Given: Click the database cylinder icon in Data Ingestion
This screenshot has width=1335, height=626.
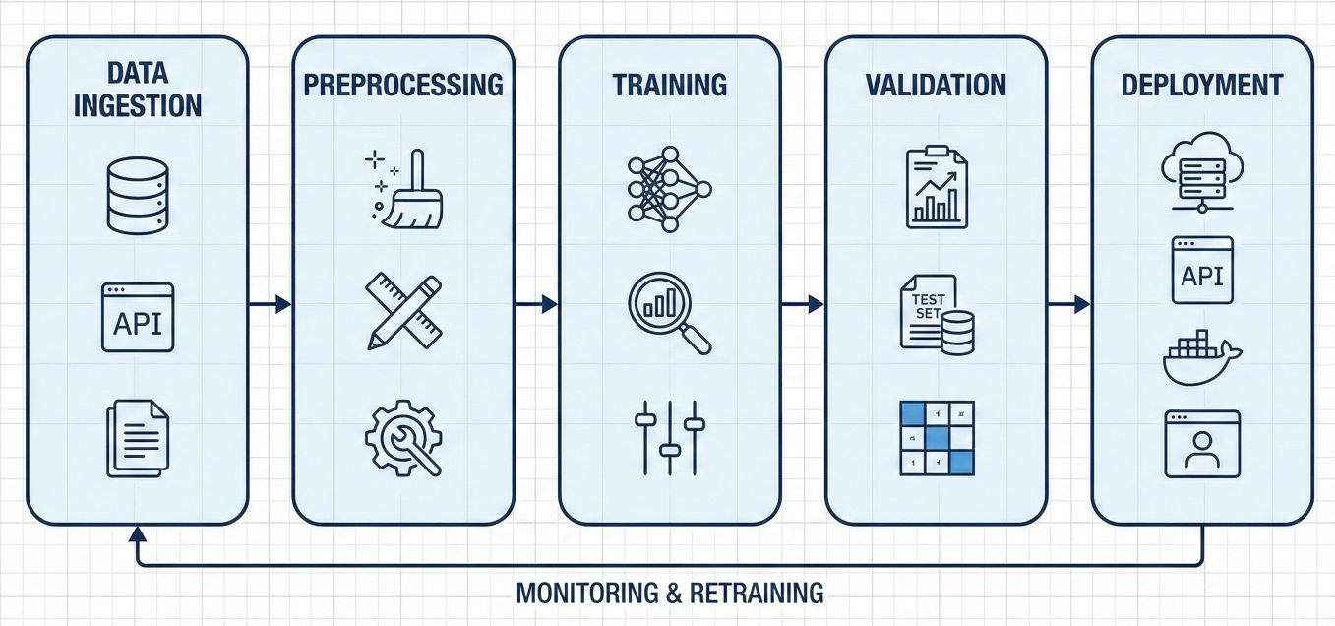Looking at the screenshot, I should click(138, 197).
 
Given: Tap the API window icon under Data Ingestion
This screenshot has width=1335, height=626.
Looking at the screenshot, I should click(138, 318).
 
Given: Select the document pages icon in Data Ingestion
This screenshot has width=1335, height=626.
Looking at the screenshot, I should click(138, 437).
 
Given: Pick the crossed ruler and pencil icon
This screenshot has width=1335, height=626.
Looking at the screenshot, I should click(403, 312).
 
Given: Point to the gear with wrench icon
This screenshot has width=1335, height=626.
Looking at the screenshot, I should click(403, 437).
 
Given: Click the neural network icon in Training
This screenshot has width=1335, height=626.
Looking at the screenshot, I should click(669, 189).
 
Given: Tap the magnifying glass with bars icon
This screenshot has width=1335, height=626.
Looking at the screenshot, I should click(670, 312).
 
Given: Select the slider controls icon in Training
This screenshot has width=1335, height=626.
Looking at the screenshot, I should click(670, 437).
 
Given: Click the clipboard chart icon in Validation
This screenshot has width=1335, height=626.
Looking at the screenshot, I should click(936, 187).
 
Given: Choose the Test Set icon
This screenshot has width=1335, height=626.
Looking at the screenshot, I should click(936, 314).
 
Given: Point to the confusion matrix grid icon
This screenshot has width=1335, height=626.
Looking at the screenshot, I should click(937, 438).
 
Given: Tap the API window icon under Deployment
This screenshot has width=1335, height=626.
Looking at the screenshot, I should click(1202, 270).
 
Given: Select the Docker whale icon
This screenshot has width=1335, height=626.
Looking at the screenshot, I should click(1202, 358).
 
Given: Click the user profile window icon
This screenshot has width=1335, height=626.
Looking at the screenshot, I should click(1202, 445).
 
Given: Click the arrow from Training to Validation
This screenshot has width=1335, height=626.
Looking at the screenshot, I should click(803, 305).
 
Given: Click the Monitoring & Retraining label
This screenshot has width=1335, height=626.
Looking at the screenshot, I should click(670, 594).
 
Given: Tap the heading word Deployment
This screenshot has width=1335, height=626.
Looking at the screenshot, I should click(1202, 85).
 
